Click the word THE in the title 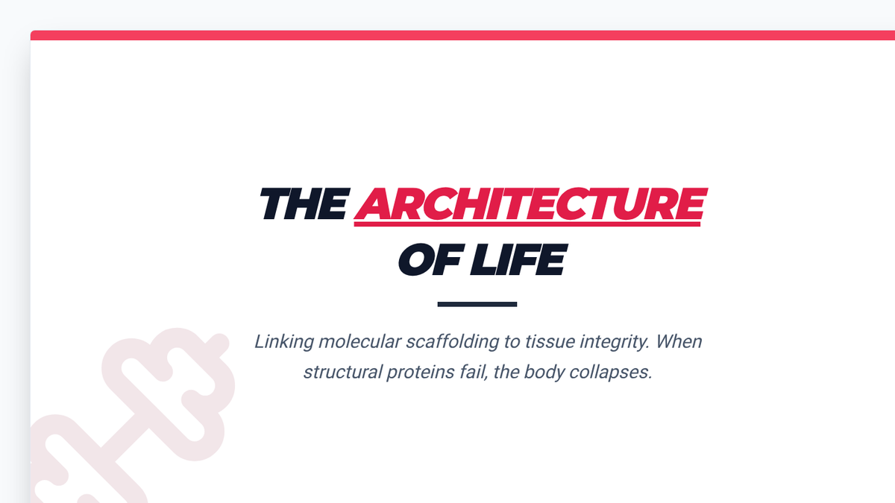point(304,203)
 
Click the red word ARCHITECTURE point(530,203)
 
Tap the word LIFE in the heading point(518,260)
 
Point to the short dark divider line point(477,304)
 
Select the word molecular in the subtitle point(359,342)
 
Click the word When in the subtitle point(679,342)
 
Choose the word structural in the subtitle point(343,372)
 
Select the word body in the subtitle point(544,373)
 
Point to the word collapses point(611,373)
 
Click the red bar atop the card point(462,35)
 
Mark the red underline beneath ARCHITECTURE point(527,224)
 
